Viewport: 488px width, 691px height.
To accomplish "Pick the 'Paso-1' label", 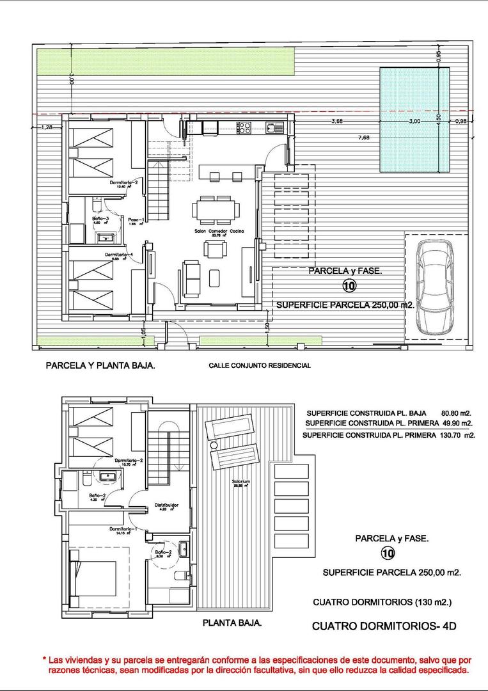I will [136, 219].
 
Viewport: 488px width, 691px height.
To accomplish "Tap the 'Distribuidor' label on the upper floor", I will [166, 505].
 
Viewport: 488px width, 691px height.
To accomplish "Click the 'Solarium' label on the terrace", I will [240, 481].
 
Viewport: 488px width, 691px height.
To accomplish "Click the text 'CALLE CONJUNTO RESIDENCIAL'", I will [260, 366].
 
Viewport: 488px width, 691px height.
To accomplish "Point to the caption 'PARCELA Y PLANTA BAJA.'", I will [100, 367].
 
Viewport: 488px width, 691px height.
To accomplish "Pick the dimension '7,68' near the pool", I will [364, 137].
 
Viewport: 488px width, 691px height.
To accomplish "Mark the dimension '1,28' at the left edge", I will [47, 127].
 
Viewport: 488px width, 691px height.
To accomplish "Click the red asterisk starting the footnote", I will [44, 659].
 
